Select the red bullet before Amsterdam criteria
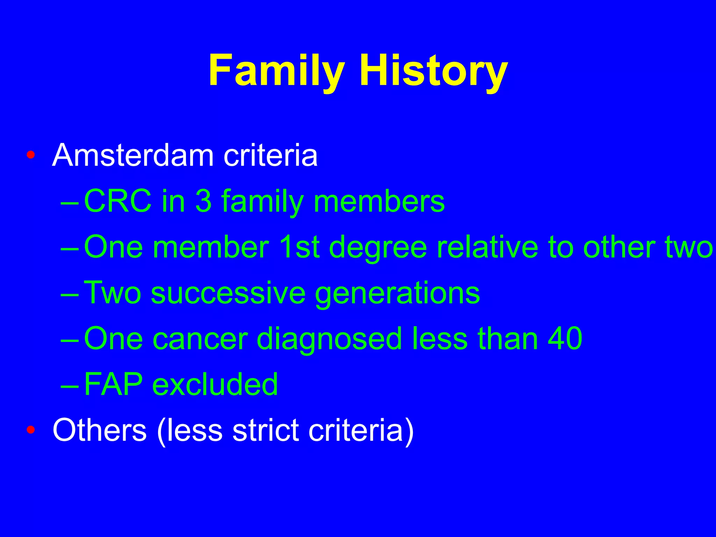coord(31,155)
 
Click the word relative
coord(488,247)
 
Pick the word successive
coord(228,293)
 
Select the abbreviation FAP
coord(113,385)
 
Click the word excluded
coord(215,385)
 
